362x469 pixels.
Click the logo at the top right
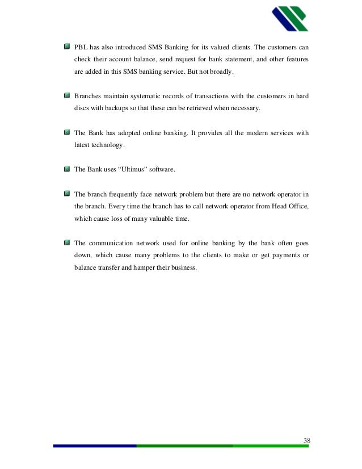coord(289,19)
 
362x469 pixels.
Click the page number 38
coord(306,441)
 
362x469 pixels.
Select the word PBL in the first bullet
coord(82,45)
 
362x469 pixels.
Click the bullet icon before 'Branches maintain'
coord(66,96)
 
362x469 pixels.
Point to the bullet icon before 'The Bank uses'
coord(66,169)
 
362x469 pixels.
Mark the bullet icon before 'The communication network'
coord(66,241)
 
